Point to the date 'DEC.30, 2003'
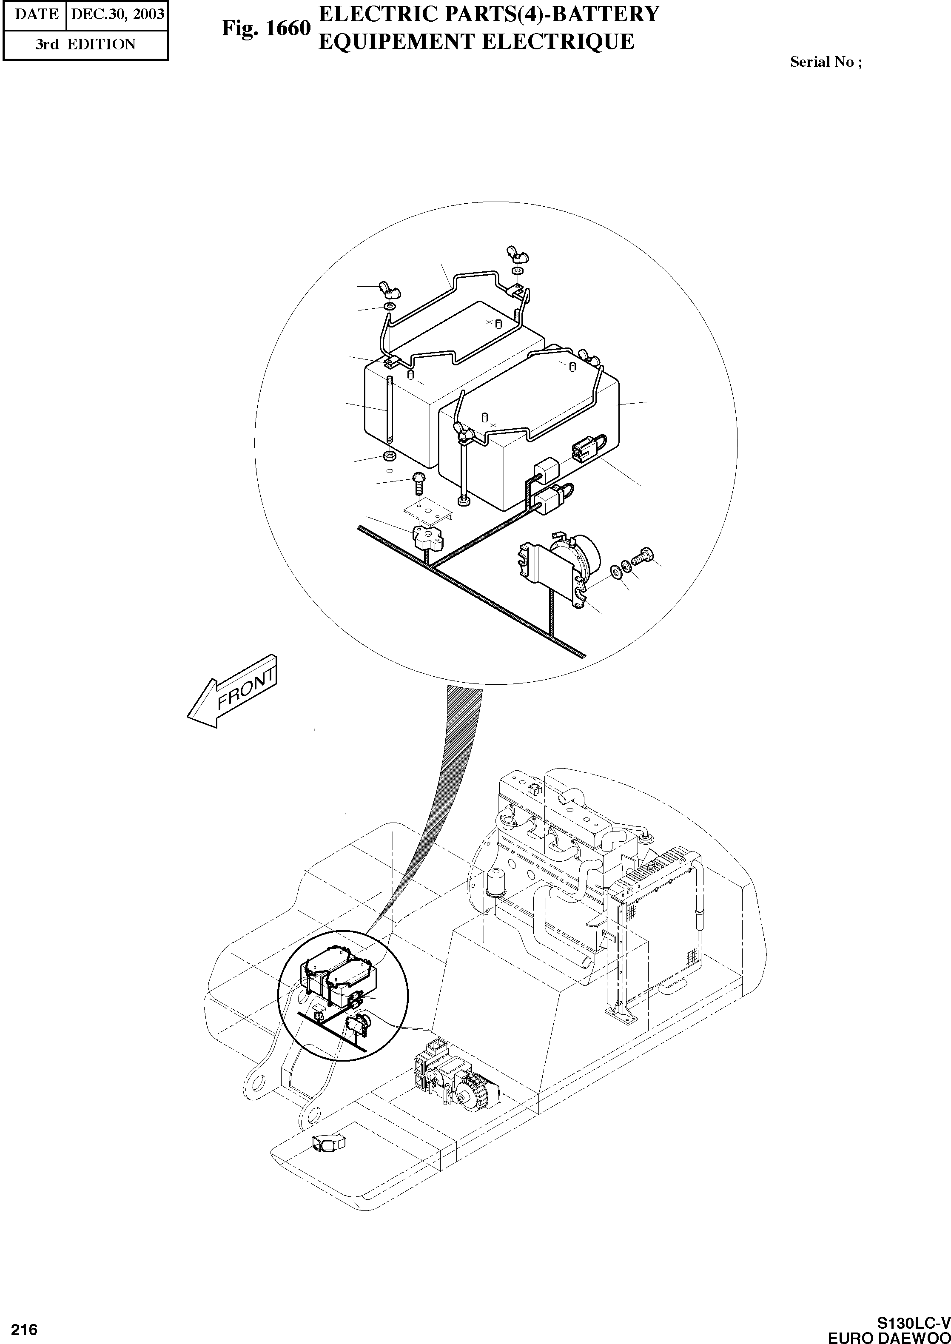[117, 14]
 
